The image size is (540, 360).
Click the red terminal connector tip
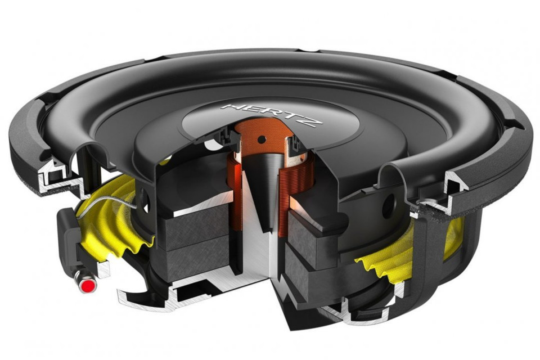coord(86,287)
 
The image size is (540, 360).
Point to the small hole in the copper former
coord(260,137)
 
